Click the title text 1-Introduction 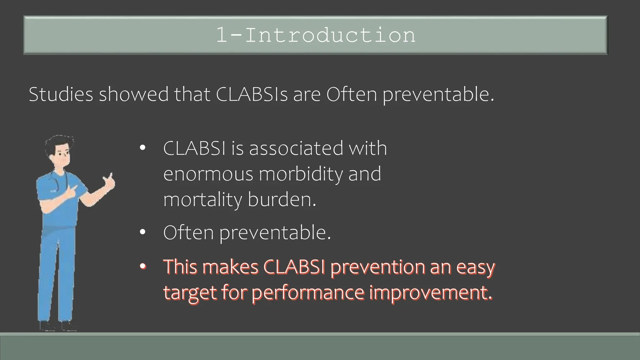[316, 35]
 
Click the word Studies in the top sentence [61, 94]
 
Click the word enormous [208, 174]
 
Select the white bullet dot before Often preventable [142, 232]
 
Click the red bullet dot [142, 267]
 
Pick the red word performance [307, 293]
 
